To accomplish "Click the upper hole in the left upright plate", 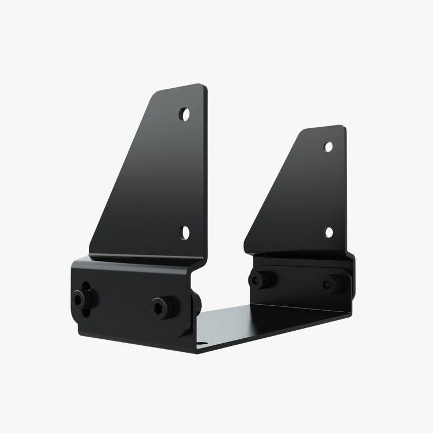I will [x=185, y=114].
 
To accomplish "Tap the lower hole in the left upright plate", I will [x=185, y=233].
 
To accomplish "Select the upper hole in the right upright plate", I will [x=328, y=146].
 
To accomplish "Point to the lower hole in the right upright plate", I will [x=329, y=232].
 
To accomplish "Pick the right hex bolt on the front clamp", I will [x=162, y=307].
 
